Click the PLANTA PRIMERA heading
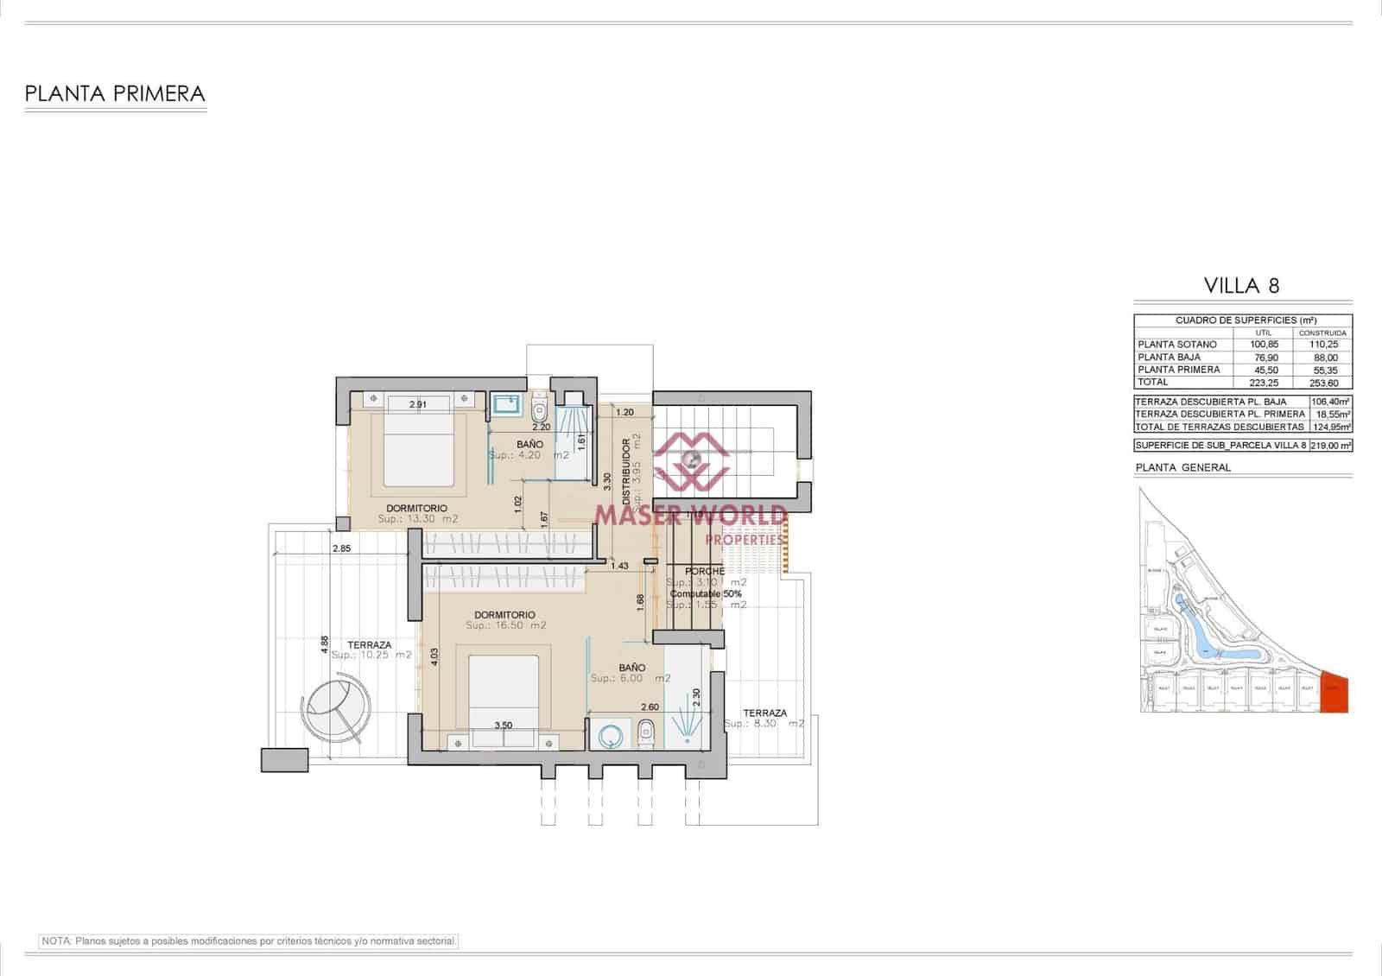(115, 93)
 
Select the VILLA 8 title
(1241, 286)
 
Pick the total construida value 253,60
(1322, 383)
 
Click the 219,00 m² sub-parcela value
(1330, 447)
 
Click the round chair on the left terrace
(337, 707)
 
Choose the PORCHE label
(704, 572)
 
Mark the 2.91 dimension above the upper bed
(418, 404)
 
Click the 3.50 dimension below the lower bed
(503, 726)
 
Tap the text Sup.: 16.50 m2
(506, 625)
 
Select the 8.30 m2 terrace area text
(764, 724)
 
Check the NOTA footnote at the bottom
(249, 941)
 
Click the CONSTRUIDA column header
(1322, 333)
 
